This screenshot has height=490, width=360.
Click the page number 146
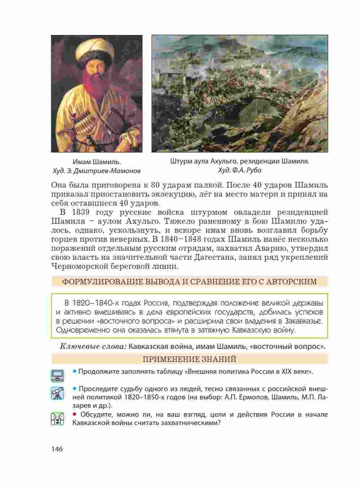tap(57, 449)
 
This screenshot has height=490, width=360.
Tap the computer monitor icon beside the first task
tap(57, 375)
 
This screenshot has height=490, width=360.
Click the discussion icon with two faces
tap(57, 419)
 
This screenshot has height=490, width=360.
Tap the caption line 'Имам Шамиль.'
tap(96, 162)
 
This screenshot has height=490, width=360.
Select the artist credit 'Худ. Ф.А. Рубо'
tap(240, 170)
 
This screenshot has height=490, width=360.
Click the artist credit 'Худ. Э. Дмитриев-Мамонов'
tap(96, 171)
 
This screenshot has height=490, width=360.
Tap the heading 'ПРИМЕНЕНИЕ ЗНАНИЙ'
tap(190, 359)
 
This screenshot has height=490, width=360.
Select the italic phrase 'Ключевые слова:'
tap(93, 347)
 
